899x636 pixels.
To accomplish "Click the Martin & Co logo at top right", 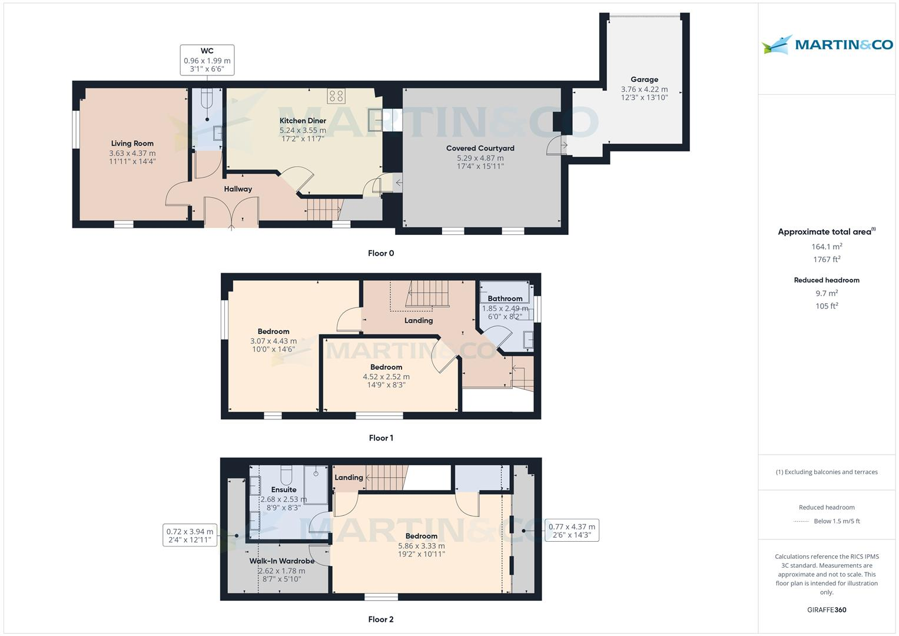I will [x=827, y=45].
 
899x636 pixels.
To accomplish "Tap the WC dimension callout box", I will [x=207, y=60].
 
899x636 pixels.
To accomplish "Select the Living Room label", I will [x=132, y=143].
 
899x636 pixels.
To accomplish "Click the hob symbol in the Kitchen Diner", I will [x=336, y=96].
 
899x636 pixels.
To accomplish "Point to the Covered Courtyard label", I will [x=480, y=148].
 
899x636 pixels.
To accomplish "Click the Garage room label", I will [x=644, y=79].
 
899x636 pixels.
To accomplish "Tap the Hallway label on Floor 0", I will [x=238, y=189].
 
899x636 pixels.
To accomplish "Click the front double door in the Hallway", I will [x=231, y=213].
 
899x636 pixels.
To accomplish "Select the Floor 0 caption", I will [x=380, y=253].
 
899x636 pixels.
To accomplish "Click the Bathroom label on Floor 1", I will [x=505, y=299].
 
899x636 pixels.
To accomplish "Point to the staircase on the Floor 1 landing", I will [x=426, y=293].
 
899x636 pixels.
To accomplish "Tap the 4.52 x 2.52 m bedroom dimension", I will [x=386, y=376].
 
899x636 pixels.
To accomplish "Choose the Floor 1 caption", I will [x=380, y=438].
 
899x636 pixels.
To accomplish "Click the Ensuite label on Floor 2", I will [x=283, y=489].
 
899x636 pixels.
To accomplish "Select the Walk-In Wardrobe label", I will [x=281, y=561].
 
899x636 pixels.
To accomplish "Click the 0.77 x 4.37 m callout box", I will [x=571, y=531].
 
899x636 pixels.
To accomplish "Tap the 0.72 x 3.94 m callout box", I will [x=190, y=535].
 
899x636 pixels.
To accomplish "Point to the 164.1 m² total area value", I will [x=827, y=247].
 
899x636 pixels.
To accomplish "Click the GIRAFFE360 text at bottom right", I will [x=827, y=609].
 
